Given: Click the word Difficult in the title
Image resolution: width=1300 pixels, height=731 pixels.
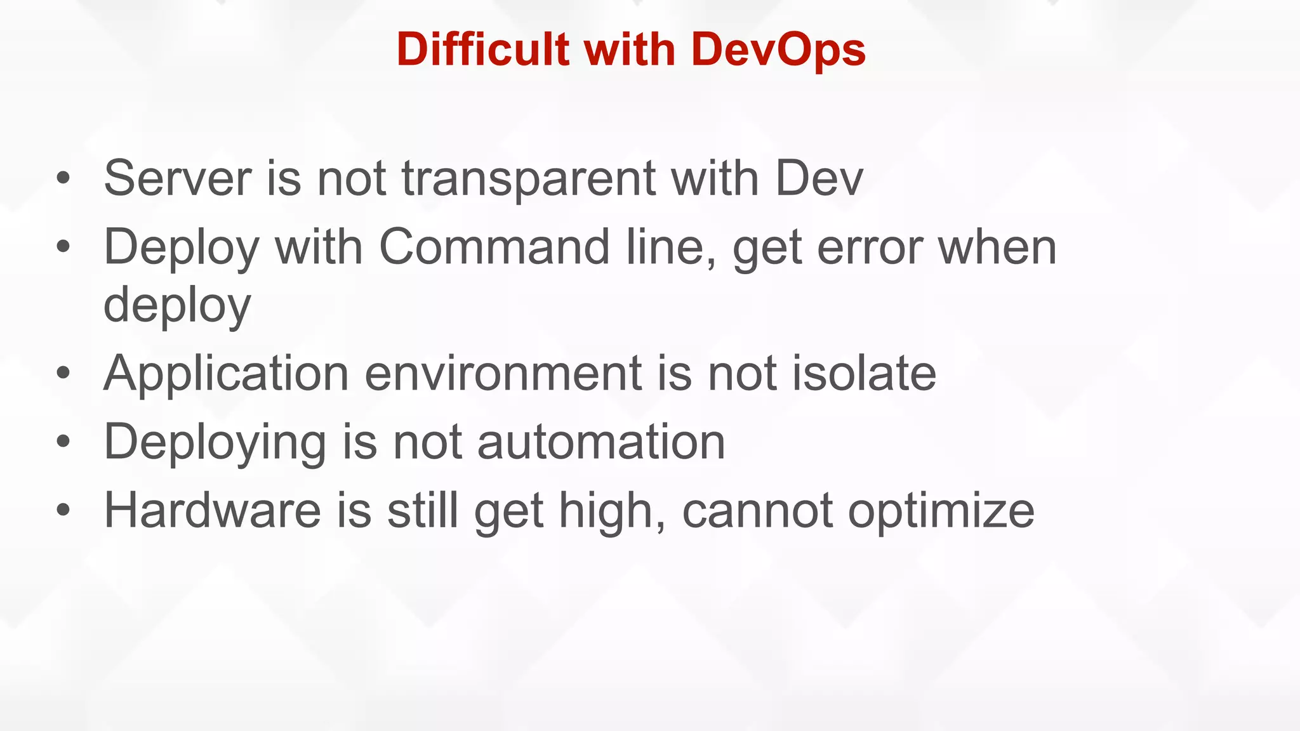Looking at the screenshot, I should point(482,49).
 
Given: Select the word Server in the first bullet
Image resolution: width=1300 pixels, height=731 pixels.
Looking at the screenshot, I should point(177,178).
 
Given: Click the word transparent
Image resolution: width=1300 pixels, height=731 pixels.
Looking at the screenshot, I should point(528,180).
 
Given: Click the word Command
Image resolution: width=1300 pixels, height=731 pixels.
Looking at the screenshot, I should point(494,247).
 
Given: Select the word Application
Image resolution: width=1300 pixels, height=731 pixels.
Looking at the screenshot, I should point(226,374).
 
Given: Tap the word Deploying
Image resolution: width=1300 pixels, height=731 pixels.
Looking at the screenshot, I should point(215,443).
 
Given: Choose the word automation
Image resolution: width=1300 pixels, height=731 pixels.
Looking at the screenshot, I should point(600,442).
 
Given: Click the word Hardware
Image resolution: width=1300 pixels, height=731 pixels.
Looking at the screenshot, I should point(213,511).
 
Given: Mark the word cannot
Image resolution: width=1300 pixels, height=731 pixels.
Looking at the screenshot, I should point(757,511).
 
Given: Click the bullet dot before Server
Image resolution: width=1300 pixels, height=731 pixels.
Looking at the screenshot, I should point(63,179).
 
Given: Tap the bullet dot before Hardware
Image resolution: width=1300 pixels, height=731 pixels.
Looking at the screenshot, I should point(63,510).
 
